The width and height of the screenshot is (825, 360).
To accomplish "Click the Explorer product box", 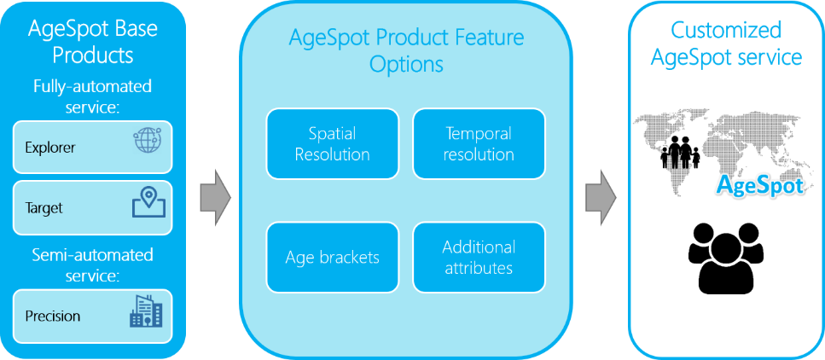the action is tap(93, 148).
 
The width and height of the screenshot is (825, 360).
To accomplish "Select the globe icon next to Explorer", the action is tap(147, 140).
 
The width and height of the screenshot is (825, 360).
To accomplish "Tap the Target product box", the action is tap(93, 208).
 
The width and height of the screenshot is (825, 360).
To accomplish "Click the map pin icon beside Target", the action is tap(148, 203).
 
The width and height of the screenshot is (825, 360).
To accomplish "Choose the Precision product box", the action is tap(93, 316).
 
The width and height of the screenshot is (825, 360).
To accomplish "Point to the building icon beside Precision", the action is tap(146, 311).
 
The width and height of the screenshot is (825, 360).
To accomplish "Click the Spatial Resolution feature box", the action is tap(332, 143).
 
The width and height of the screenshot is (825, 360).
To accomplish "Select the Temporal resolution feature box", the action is tap(479, 143).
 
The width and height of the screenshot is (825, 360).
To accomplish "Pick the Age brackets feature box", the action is tap(332, 258).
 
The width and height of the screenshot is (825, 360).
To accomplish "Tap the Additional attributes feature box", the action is tap(479, 258).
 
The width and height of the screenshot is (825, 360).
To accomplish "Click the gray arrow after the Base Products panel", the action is tap(216, 197).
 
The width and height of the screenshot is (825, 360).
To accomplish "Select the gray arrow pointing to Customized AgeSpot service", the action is tap(601, 197).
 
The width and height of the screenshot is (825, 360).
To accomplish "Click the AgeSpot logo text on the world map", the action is tap(761, 185).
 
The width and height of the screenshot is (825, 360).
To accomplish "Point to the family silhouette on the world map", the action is tap(680, 152).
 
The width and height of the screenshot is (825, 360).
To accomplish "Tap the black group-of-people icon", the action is tap(725, 253).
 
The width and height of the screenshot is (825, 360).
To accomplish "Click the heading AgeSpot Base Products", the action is tap(93, 41).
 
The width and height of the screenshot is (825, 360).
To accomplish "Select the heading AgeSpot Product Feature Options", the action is tap(405, 51).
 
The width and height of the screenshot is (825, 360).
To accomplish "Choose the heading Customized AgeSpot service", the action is tap(727, 44).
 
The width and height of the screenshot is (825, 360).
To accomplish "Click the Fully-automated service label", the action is tap(93, 96).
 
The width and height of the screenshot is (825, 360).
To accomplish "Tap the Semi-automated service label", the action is tap(93, 265).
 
